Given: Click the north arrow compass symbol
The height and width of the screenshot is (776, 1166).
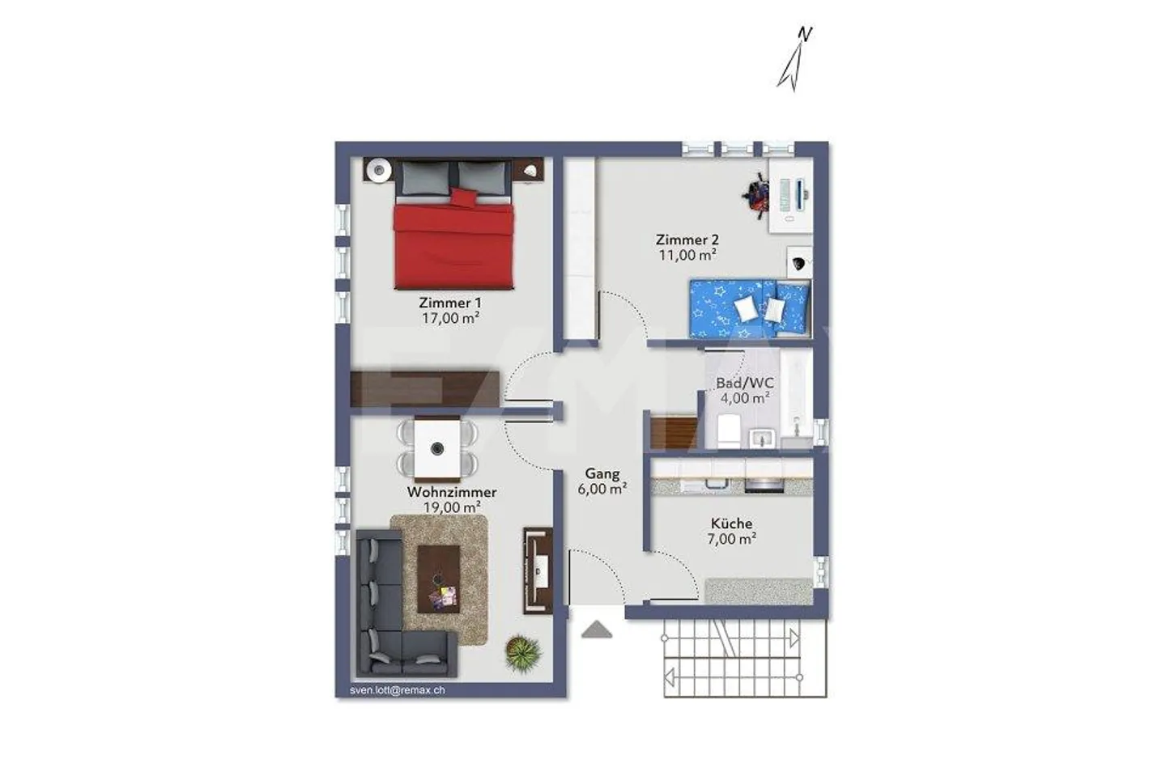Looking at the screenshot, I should click(795, 58).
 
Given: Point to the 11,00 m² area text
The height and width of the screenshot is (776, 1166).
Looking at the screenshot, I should click(687, 255).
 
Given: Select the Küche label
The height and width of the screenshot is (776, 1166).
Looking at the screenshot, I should click(732, 524).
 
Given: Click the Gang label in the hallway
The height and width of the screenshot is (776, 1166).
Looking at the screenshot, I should click(603, 475).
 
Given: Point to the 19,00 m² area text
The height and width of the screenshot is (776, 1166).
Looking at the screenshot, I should click(452, 507).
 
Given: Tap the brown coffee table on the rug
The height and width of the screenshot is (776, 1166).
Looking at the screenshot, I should click(438, 578).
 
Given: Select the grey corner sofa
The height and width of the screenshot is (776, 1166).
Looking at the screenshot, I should click(389, 615).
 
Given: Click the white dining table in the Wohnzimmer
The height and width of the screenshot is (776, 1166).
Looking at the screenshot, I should click(437, 448).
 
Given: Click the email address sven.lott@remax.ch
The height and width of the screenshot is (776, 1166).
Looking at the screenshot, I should click(397, 690).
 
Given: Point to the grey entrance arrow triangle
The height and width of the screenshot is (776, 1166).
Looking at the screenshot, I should click(597, 630).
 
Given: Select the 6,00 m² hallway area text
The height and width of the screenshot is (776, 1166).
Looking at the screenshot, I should click(603, 490).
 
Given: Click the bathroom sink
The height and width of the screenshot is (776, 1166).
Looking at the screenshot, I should click(762, 437).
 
